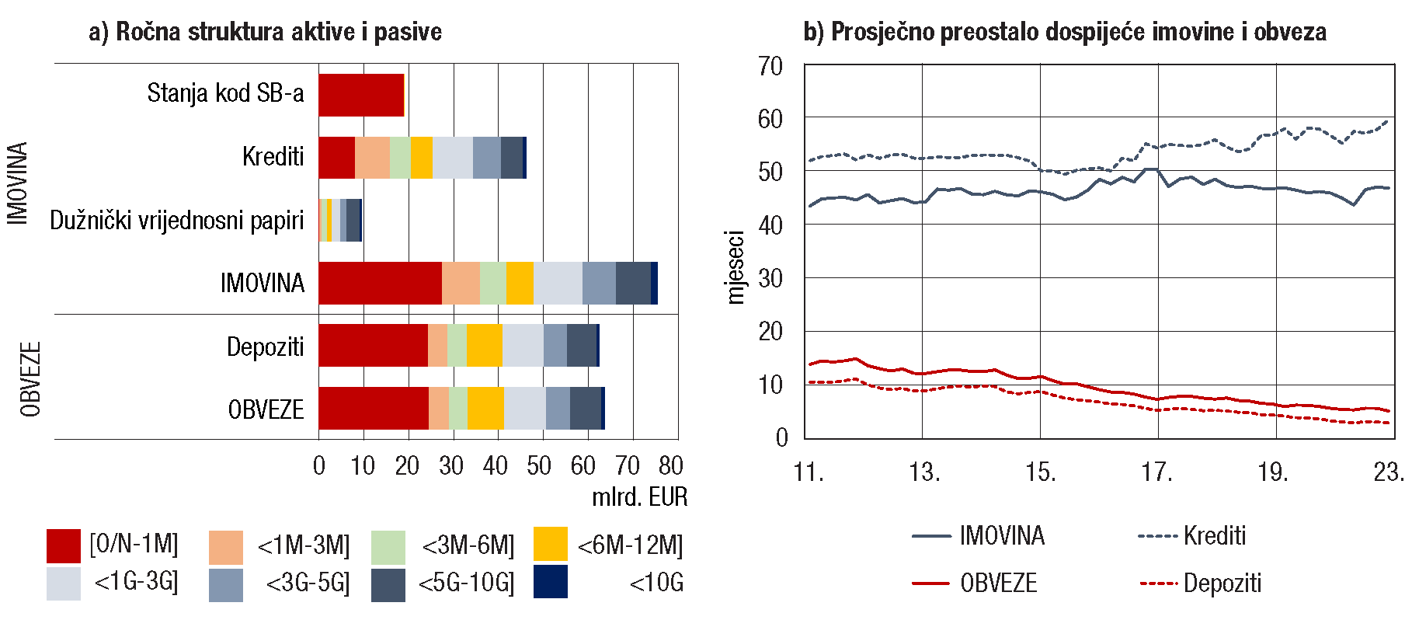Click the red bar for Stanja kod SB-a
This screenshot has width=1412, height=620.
361,95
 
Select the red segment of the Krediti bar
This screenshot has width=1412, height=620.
336,157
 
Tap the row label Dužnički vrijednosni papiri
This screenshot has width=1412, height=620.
177,220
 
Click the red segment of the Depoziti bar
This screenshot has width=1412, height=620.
373,345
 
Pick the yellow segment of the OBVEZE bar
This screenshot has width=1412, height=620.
485,408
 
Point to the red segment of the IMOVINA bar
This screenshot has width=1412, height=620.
380,283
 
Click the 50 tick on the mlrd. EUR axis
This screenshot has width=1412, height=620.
539,465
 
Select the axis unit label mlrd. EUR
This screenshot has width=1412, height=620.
639,496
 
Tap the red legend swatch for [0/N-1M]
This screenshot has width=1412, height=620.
63,545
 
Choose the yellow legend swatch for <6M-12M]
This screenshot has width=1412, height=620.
551,544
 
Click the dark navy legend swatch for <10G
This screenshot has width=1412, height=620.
551,582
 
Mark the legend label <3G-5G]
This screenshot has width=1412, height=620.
308,583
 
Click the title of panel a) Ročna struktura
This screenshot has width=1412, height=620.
265,32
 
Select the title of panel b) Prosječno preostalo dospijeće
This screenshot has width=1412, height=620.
1065,32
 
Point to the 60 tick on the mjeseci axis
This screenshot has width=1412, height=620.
770,119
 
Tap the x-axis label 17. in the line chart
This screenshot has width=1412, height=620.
1156,472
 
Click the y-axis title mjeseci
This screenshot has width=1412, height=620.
735,266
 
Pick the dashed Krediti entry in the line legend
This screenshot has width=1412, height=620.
1191,535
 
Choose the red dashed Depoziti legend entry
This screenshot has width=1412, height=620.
1199,583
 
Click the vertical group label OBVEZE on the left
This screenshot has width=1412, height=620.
30,379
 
